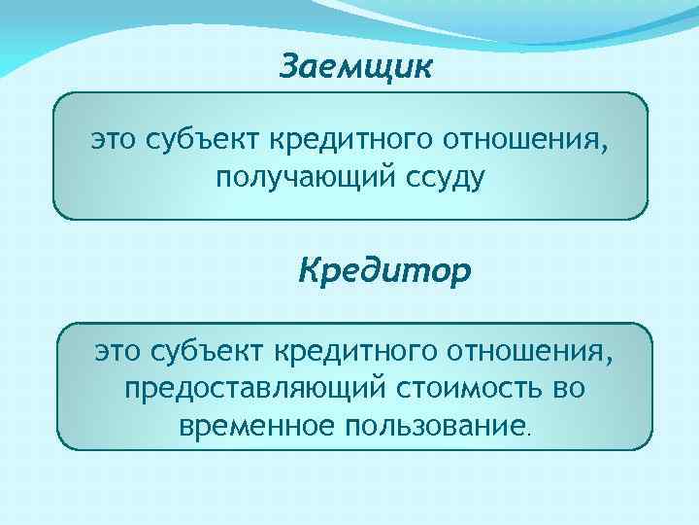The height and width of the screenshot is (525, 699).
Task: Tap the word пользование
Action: [x=434, y=425]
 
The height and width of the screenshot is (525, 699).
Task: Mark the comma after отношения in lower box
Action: [x=612, y=360]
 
